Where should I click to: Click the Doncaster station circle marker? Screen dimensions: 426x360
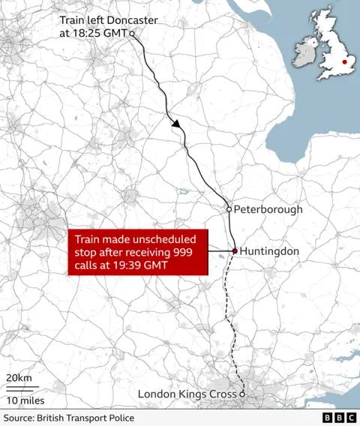point(132,34)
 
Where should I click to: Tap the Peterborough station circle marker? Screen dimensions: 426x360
point(229,209)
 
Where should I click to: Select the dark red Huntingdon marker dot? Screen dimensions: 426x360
point(234,251)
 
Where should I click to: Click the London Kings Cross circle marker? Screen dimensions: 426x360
point(242,394)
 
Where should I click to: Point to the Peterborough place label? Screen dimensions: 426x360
point(268,209)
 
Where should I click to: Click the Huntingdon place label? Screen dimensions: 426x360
point(269,251)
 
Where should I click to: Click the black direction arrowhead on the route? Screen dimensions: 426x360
point(177,126)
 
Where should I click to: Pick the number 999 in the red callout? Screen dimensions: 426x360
point(188,252)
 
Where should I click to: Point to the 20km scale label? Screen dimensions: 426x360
point(19,377)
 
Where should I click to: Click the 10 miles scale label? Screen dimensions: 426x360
point(25,400)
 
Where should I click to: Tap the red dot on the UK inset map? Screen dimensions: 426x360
point(344,63)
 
